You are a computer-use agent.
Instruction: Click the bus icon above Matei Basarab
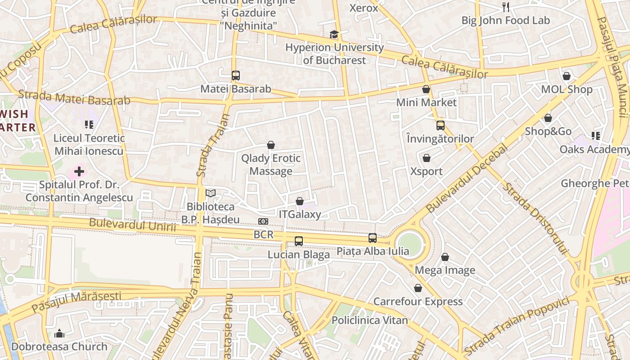coord(235,75)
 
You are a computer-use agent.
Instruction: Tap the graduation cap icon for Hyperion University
coord(333,34)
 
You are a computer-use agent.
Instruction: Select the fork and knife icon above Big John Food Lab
coord(506,7)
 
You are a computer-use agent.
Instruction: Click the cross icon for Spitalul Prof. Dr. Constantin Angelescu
coord(79,171)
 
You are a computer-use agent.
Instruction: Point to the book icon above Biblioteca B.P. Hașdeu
coord(211,193)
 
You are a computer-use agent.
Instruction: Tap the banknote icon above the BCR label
coord(263,221)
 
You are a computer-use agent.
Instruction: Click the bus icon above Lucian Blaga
coord(299,241)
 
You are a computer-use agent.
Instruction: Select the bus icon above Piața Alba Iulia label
coord(373,238)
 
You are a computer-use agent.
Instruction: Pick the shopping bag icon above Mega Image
coord(445,257)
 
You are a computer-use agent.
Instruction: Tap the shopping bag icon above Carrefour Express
coord(418,288)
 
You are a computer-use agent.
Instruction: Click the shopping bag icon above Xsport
coord(426,158)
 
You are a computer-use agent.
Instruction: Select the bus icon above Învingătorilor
coord(440,126)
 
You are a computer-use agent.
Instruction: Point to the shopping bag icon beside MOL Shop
coord(567,76)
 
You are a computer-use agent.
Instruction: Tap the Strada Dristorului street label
coord(535,219)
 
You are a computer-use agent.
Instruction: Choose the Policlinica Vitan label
coord(369,320)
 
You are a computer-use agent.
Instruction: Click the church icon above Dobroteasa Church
coord(59,333)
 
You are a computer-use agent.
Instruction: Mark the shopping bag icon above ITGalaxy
coord(300,201)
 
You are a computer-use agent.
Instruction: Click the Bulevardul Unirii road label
coord(132,225)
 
